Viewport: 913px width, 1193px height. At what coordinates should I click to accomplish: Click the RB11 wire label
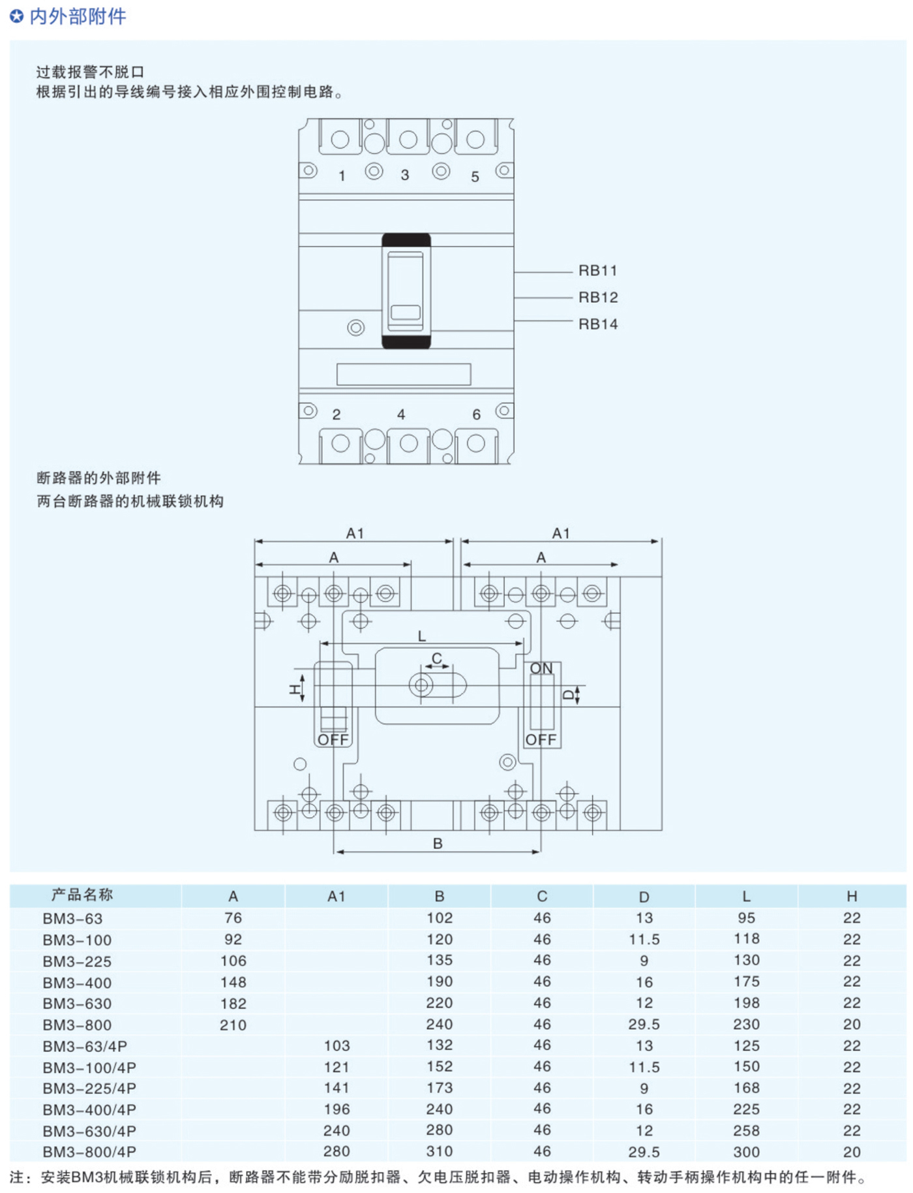[x=597, y=271]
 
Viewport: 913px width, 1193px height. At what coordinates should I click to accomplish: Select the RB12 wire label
[x=598, y=298]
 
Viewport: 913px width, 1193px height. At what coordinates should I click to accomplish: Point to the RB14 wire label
[x=598, y=324]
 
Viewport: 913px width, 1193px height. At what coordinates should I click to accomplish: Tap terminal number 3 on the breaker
[x=405, y=175]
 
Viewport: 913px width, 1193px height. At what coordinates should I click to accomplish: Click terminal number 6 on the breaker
[x=477, y=414]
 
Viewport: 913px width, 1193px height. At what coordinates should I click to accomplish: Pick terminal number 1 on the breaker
[x=342, y=176]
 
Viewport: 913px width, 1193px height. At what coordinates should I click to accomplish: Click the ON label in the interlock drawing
[x=541, y=669]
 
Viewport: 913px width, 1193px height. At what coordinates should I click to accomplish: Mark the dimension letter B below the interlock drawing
[x=438, y=844]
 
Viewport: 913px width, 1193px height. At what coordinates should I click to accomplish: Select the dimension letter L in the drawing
[x=422, y=636]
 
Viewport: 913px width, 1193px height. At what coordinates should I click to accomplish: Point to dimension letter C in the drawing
[x=437, y=658]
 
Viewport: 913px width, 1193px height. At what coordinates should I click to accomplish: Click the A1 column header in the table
[x=337, y=897]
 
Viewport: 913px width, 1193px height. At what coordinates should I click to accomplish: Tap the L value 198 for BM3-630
[x=747, y=1003]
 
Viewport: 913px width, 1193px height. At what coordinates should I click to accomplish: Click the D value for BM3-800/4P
[x=644, y=1153]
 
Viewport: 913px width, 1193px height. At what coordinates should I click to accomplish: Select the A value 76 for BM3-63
[x=233, y=918]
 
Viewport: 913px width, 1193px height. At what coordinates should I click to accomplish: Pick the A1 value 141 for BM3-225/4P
[x=337, y=1088]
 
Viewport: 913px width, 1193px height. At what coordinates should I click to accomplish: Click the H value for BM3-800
[x=852, y=1025]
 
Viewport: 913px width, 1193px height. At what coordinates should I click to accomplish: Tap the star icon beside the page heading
[x=17, y=16]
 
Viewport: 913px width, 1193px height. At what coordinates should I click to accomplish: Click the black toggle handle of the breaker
[x=406, y=291]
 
